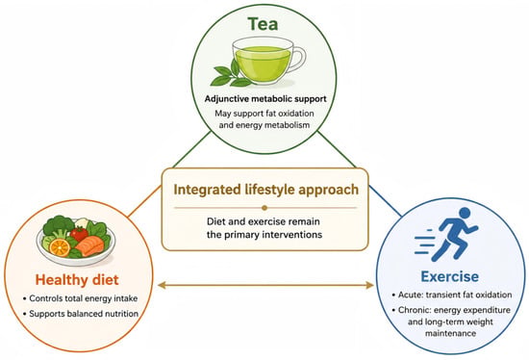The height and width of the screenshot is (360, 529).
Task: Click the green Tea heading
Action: point(263,24)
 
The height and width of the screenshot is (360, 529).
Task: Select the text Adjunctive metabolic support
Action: point(265,99)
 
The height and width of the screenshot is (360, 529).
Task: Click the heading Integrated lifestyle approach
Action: point(265,190)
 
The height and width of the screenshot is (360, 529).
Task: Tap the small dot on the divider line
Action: point(264,208)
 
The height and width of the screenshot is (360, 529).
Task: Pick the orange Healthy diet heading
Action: point(77,280)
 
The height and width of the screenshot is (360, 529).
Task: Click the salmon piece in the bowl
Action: point(89,245)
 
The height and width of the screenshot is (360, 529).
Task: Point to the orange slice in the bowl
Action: point(60,247)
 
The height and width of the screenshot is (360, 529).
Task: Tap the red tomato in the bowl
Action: point(79,234)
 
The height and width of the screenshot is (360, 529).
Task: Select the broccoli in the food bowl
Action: point(59,225)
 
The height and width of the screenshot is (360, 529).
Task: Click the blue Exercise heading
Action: point(450,276)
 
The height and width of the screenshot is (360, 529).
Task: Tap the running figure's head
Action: point(465,213)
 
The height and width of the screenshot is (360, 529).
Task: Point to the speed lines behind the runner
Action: point(425,242)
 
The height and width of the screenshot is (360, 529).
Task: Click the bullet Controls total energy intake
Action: point(81,298)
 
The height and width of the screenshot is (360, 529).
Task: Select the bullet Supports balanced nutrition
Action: point(81,314)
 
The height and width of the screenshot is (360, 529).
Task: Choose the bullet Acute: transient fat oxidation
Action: point(452,295)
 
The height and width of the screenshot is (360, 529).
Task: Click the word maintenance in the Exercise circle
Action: point(451,333)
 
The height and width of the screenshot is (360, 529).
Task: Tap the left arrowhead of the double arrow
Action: point(162,285)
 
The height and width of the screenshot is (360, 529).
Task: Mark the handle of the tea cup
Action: point(299,59)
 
